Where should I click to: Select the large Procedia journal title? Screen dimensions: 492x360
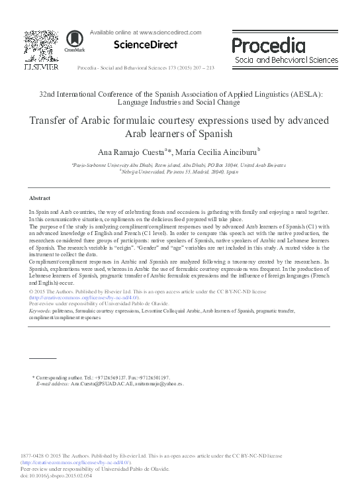(268, 45)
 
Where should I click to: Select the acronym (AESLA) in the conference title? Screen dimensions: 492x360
(301, 94)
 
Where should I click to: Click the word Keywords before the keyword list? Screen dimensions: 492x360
(43, 310)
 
